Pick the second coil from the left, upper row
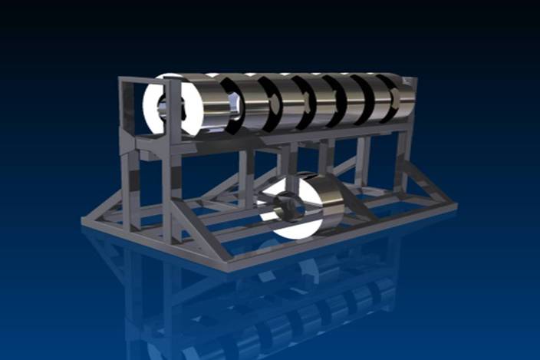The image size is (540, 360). (x=257, y=104)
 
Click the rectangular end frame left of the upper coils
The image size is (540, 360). (x=130, y=107)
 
